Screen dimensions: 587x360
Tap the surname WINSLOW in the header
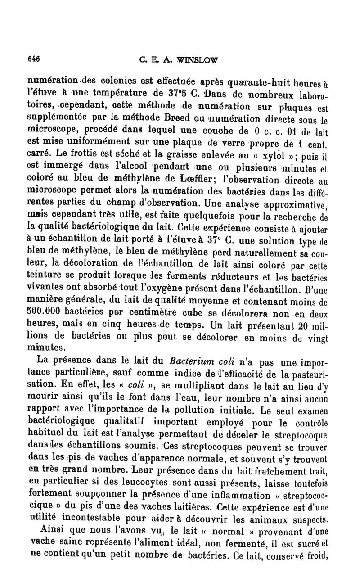point(198,59)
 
